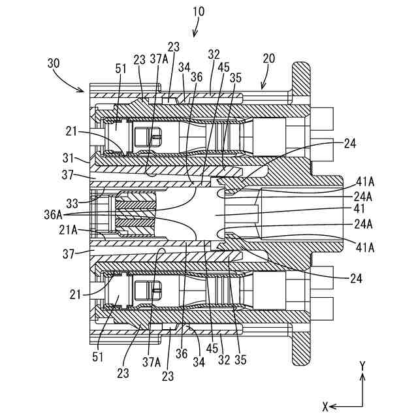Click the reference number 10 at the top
pyautogui.click(x=199, y=12)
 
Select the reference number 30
pyautogui.click(x=54, y=63)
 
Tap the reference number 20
pyautogui.click(x=268, y=58)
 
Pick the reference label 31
pyautogui.click(x=68, y=158)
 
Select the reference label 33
pyautogui.click(x=72, y=204)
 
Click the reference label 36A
pyautogui.click(x=53, y=215)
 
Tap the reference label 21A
pyautogui.click(x=68, y=230)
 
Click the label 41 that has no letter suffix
pyautogui.click(x=359, y=208)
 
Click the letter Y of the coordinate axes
pyautogui.click(x=362, y=366)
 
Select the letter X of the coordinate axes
pyautogui.click(x=325, y=407)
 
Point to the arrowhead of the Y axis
pyautogui.click(x=362, y=377)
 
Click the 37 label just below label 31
pyautogui.click(x=68, y=175)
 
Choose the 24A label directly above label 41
pyautogui.click(x=363, y=197)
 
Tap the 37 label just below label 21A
pyautogui.click(x=69, y=254)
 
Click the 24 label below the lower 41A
pyautogui.click(x=357, y=279)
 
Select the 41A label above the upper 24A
pyautogui.click(x=365, y=182)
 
